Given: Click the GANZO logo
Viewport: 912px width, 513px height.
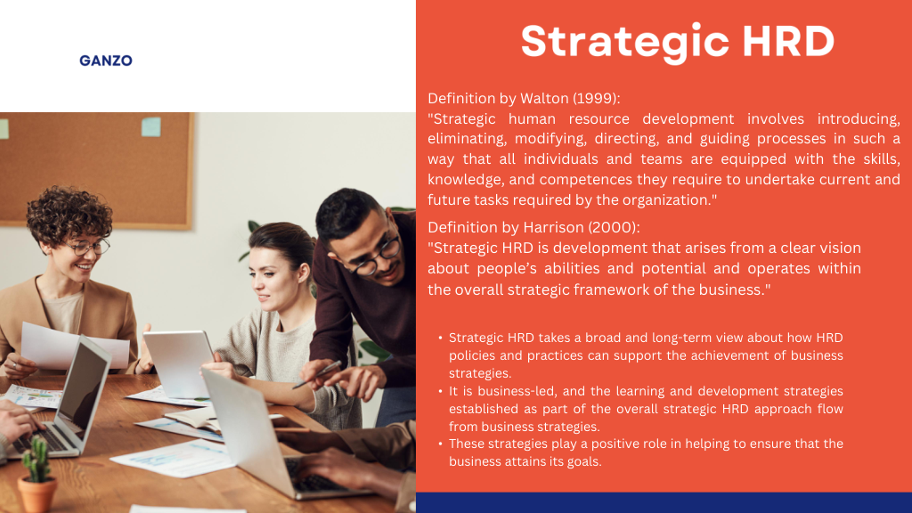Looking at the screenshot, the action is (106, 61).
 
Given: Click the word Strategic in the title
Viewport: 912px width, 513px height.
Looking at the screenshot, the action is (625, 42).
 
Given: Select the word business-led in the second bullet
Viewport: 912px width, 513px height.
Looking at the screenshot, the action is (513, 391).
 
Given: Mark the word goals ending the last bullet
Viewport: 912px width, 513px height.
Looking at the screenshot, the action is (584, 462).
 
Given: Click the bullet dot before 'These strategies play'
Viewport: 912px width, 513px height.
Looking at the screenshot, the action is (440, 444).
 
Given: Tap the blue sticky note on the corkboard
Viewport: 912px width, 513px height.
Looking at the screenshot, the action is (151, 126).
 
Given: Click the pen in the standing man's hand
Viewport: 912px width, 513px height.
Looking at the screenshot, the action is (317, 375).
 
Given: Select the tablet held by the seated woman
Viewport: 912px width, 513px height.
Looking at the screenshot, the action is (178, 363).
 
